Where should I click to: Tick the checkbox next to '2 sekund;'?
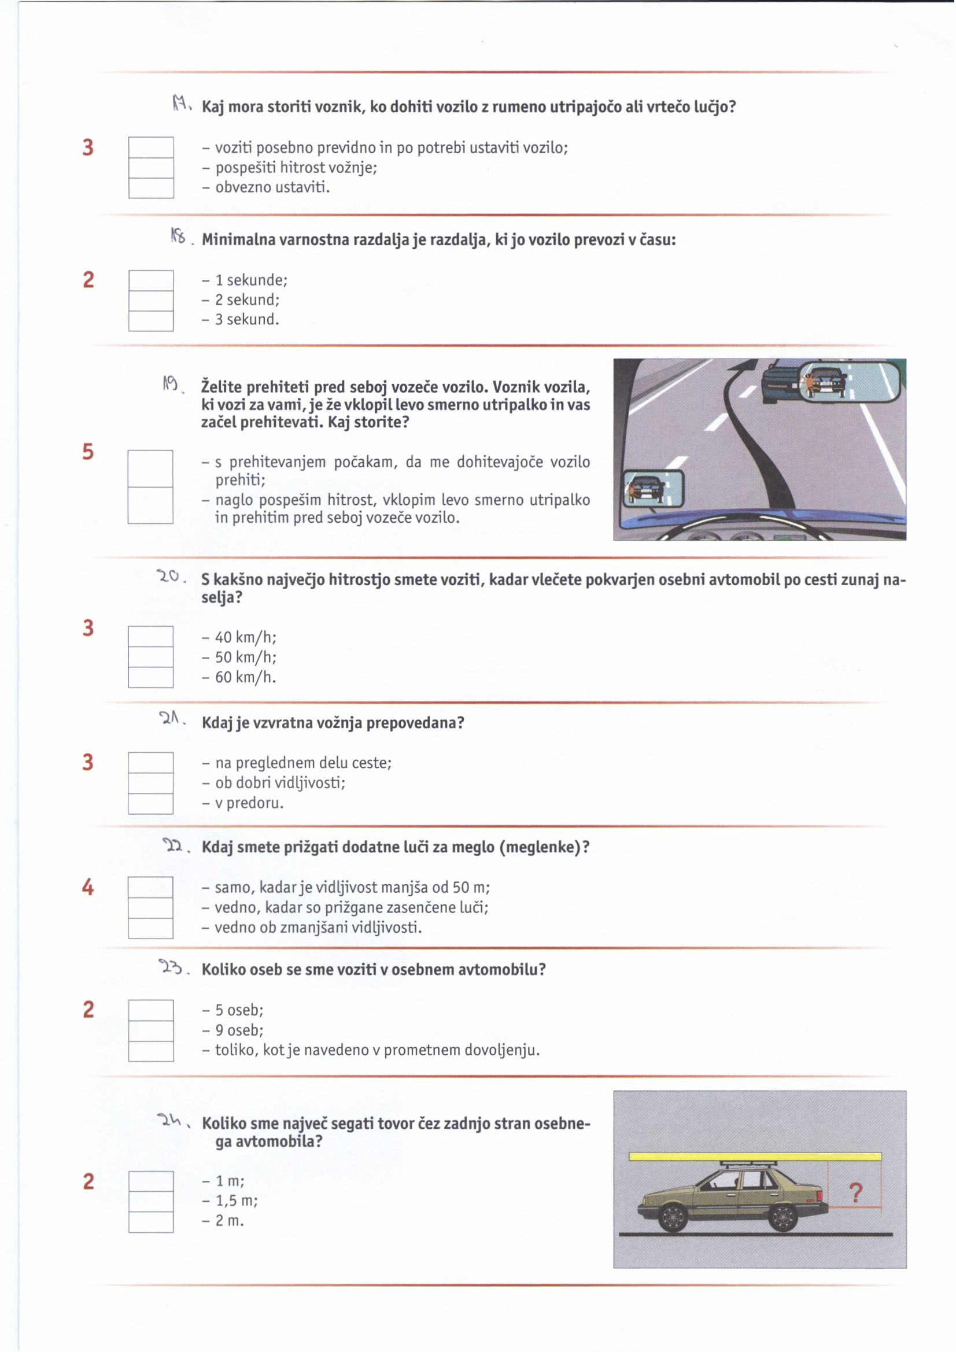(x=151, y=300)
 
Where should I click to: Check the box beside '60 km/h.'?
(x=151, y=677)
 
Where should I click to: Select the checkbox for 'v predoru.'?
(x=151, y=804)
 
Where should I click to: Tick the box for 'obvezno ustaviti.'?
(x=151, y=188)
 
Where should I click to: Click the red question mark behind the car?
(x=856, y=1194)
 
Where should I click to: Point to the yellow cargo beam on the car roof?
(x=755, y=1157)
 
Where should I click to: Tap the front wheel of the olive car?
(x=673, y=1215)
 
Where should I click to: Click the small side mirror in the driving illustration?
(x=652, y=489)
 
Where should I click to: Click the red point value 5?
(x=88, y=452)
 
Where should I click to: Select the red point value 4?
(x=88, y=888)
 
